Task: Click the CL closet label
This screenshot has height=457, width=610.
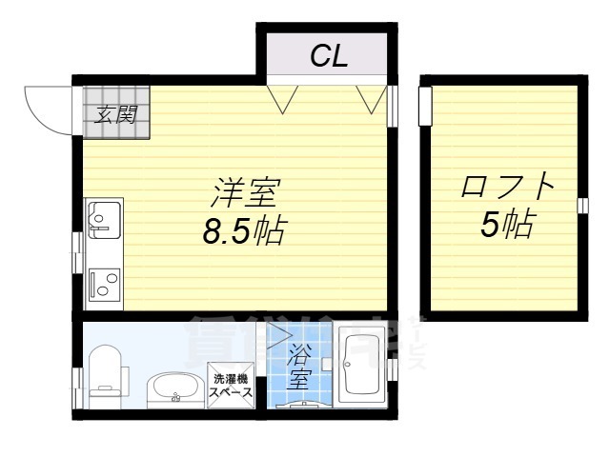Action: (x=329, y=56)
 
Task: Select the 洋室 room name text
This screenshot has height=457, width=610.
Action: (x=244, y=193)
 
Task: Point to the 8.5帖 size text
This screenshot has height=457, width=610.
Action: (x=245, y=231)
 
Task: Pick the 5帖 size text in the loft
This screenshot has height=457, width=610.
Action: (x=506, y=225)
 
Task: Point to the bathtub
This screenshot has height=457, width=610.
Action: (x=361, y=367)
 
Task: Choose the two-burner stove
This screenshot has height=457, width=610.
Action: (x=102, y=283)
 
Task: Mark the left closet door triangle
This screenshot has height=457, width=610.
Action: (x=281, y=97)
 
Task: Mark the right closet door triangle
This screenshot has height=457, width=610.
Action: (x=369, y=97)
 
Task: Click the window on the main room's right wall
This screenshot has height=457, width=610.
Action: (x=391, y=106)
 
